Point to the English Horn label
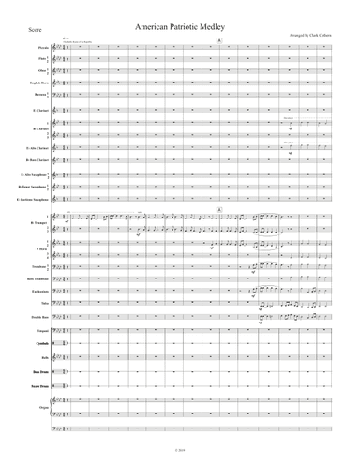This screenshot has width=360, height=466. pyautogui.click(x=42, y=83)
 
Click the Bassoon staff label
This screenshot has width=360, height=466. pyautogui.click(x=45, y=95)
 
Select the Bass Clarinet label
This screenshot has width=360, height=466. pyautogui.click(x=39, y=162)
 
